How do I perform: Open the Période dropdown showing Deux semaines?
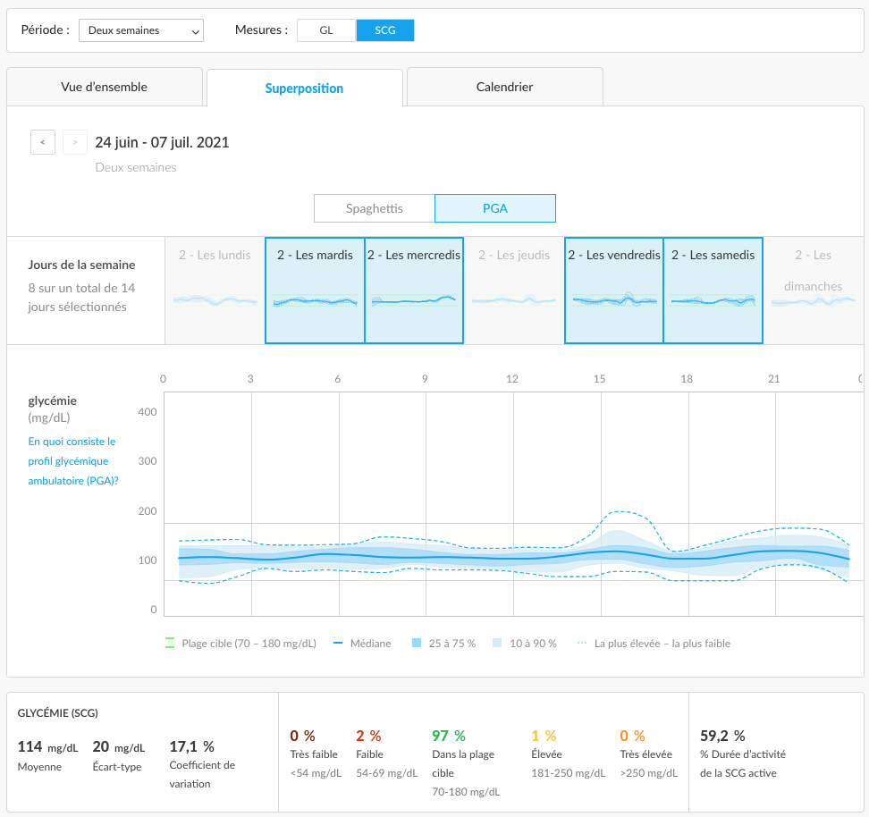pos(140,30)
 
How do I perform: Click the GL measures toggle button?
pos(325,30)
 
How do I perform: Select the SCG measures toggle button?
pos(385,30)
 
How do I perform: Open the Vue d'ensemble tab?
pos(105,87)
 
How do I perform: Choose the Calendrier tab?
pos(504,87)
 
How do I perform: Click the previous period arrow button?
pos(43,142)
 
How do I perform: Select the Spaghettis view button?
pos(374,208)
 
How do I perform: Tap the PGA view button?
pos(495,208)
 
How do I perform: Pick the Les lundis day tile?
pos(215,291)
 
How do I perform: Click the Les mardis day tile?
pos(315,291)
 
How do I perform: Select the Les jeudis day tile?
pos(514,291)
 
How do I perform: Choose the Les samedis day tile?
pos(713,291)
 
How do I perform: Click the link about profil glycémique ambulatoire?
pos(73,461)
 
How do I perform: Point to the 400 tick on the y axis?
pos(148,412)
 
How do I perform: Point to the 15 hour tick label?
pos(599,379)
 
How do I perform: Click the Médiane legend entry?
pos(362,644)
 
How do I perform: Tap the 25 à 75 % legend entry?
pos(444,644)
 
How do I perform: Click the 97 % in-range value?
pos(448,736)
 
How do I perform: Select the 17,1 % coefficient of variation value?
pos(191,746)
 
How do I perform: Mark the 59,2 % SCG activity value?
pos(722,736)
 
